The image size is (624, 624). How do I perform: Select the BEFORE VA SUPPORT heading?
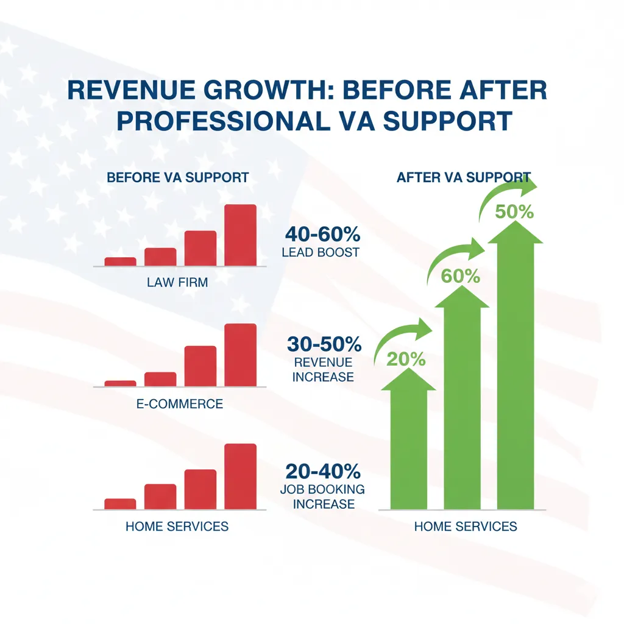point(177,178)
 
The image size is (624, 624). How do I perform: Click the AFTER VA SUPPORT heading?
point(463,178)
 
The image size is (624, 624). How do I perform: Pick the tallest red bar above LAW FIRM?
point(240,235)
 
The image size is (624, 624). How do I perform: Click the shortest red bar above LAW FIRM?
point(120,261)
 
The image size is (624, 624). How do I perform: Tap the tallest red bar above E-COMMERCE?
point(240,355)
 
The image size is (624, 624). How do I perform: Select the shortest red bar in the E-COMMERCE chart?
point(120,383)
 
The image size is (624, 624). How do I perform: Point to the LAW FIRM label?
point(177,283)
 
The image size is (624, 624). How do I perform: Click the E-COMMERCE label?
point(177,404)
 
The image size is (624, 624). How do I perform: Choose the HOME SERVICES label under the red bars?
point(177,526)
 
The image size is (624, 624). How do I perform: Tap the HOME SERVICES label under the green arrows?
point(466,526)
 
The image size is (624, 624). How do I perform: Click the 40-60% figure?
point(322,234)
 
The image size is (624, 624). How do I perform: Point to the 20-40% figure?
point(323,471)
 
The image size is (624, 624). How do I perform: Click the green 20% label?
point(406,360)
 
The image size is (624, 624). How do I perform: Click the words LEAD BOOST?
point(321,252)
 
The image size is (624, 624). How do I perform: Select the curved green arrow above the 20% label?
point(402,336)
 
